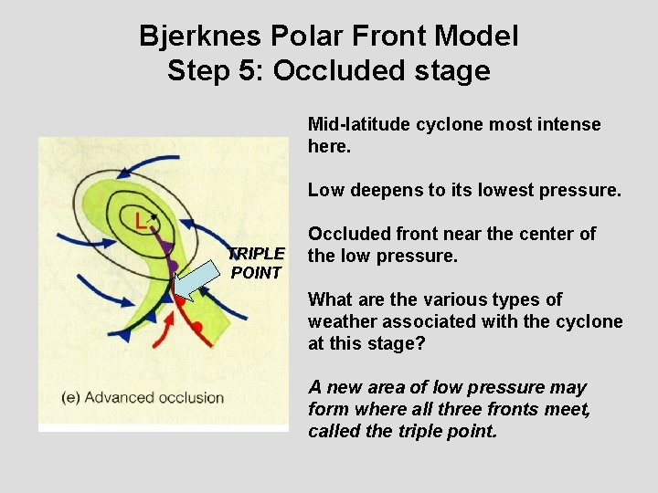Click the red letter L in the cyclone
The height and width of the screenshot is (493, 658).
click(x=139, y=220)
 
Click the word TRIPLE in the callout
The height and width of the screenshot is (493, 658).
click(x=256, y=253)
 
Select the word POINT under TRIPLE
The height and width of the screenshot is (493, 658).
click(x=256, y=272)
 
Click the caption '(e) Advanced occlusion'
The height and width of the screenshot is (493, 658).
click(x=143, y=397)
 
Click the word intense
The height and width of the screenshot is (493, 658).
click(x=573, y=124)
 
